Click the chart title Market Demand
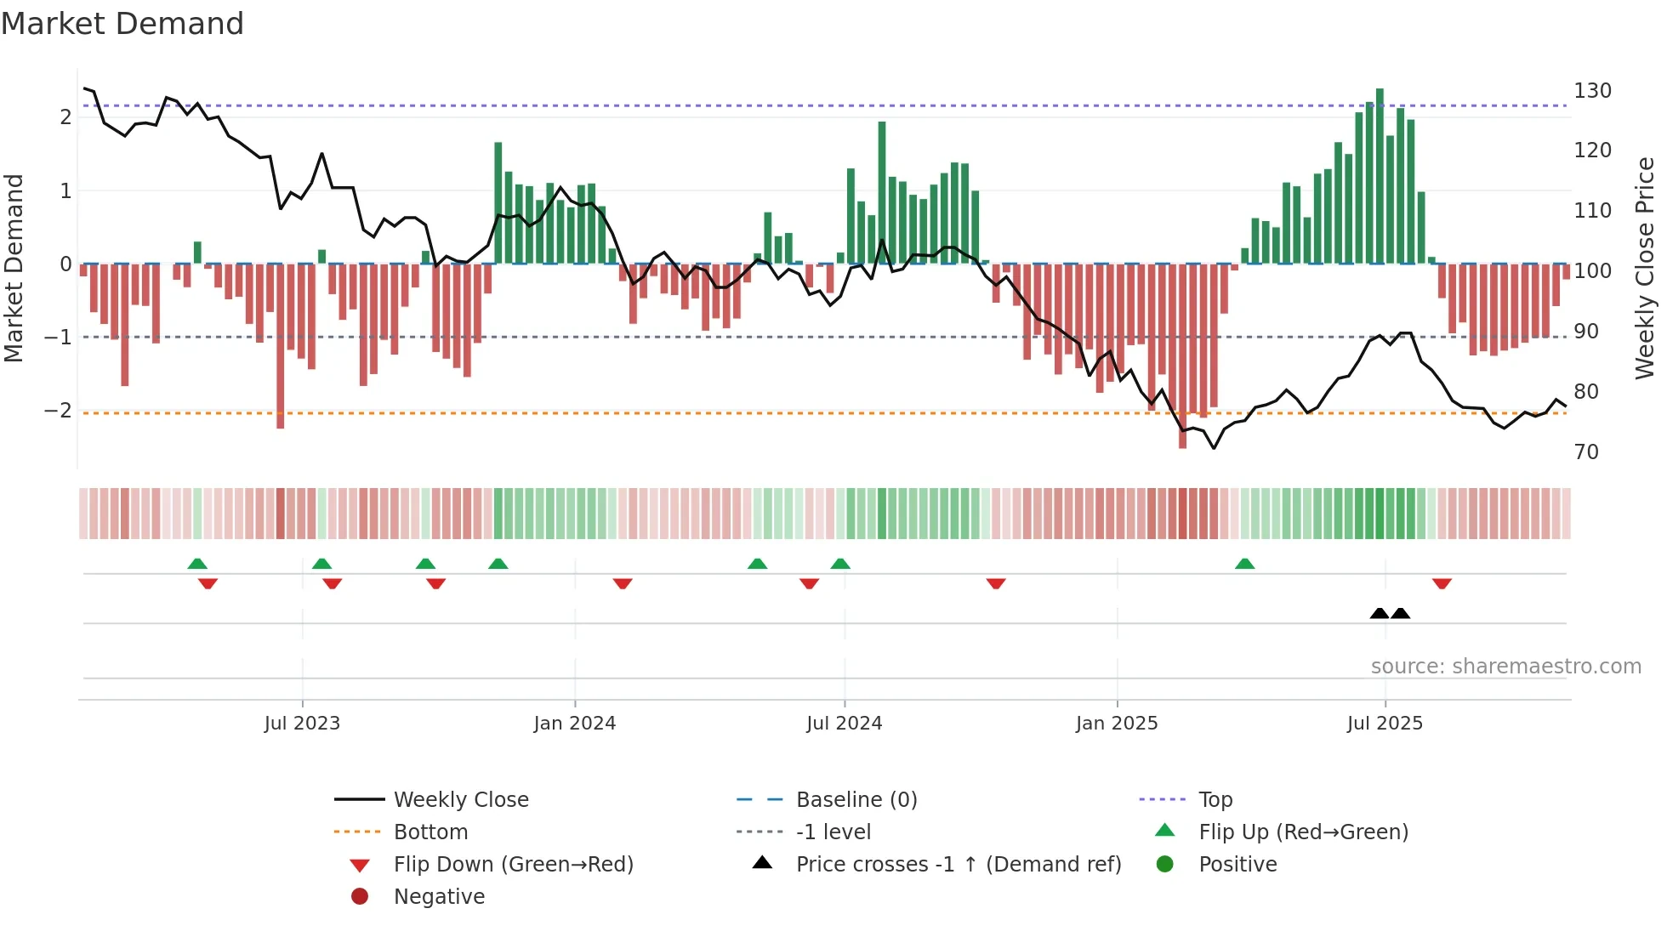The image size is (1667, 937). click(122, 23)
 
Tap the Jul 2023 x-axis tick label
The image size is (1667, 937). click(302, 724)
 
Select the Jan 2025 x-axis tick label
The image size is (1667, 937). click(1116, 724)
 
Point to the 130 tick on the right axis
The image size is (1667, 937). click(1592, 91)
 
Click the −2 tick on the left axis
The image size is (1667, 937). click(58, 411)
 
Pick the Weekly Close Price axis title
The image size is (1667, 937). click(1645, 268)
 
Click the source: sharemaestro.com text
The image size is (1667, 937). click(1505, 667)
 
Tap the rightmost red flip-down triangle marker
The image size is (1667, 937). click(1442, 584)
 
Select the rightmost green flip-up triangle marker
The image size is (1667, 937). click(1244, 564)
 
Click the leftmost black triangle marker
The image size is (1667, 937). click(1380, 613)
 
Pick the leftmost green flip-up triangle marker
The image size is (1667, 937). click(197, 564)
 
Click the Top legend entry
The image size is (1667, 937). click(1215, 800)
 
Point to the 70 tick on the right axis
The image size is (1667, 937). click(1586, 452)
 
